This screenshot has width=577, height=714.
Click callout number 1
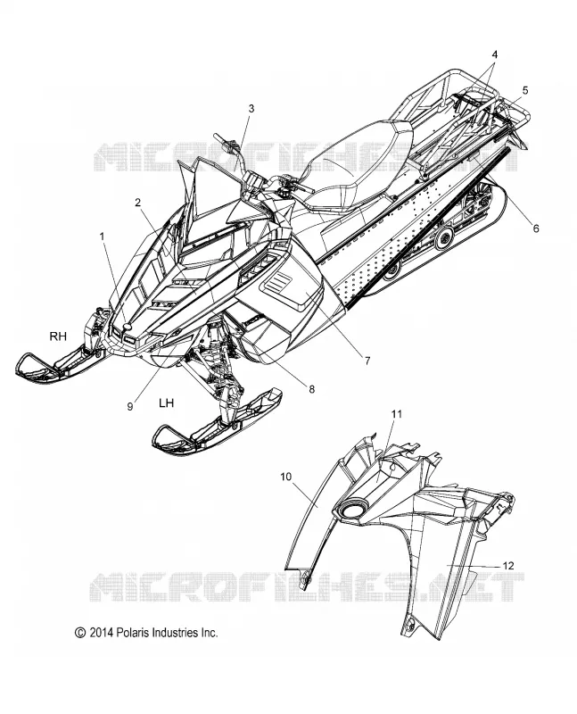[x=103, y=237]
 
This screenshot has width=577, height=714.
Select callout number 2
[x=138, y=203]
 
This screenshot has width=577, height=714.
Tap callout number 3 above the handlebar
[x=251, y=108]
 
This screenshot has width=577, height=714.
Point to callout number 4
[x=495, y=54]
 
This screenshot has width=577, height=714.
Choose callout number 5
[x=525, y=90]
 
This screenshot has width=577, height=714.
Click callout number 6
[x=536, y=228]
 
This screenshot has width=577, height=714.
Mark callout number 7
[x=367, y=361]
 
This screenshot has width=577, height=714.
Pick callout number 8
[x=312, y=389]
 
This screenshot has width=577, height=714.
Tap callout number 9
[x=130, y=406]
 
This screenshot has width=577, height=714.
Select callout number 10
[x=285, y=477]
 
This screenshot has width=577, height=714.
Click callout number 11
[x=396, y=414]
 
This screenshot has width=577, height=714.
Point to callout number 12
[x=508, y=566]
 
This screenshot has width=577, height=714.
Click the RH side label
[x=58, y=336]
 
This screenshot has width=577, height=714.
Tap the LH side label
[x=166, y=403]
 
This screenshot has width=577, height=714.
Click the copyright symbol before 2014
[x=80, y=633]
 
